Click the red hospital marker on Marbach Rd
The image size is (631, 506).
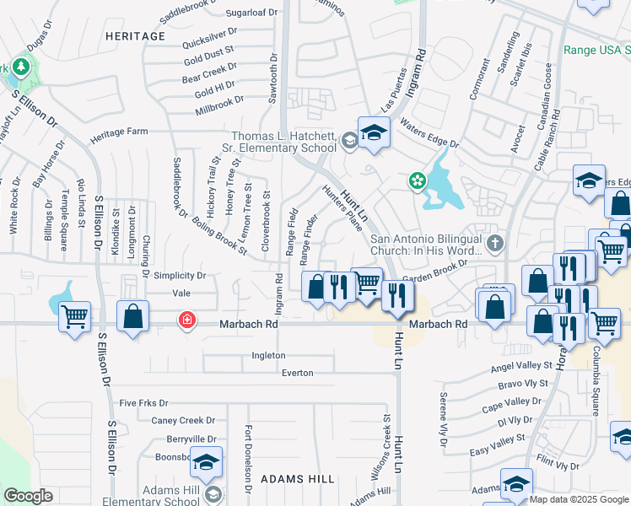click(x=186, y=321)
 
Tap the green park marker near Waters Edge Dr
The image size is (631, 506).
click(x=416, y=180)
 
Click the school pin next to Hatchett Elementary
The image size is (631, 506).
click(x=373, y=132)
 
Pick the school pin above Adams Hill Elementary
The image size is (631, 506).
click(x=205, y=463)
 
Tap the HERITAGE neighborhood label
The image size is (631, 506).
click(x=135, y=36)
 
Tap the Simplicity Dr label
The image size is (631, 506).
click(x=180, y=276)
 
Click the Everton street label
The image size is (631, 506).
click(x=297, y=372)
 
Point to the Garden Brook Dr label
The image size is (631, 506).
click(x=434, y=277)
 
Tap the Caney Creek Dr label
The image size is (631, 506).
click(x=183, y=420)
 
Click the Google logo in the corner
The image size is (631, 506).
click(x=28, y=496)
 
